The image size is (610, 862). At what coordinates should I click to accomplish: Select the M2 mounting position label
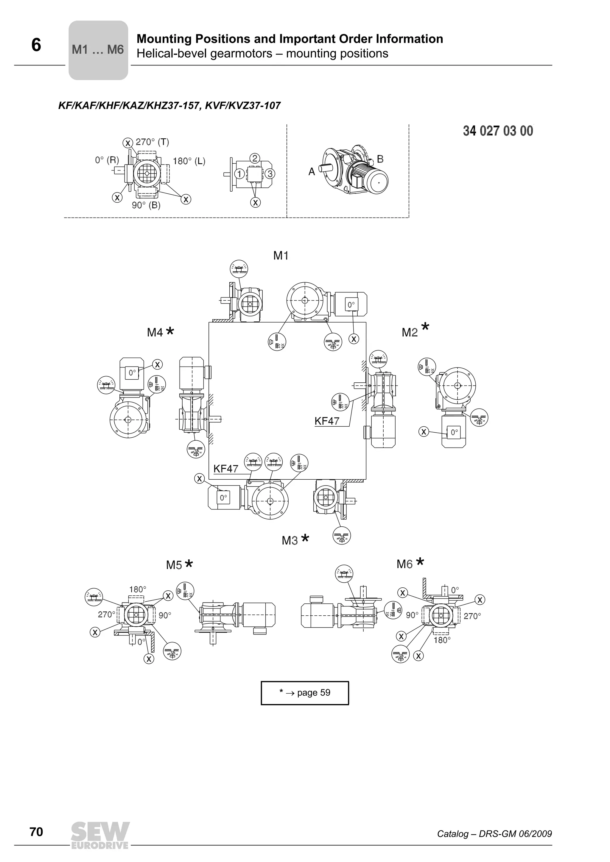pyautogui.click(x=410, y=332)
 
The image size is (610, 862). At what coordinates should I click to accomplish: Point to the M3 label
pyautogui.click(x=290, y=541)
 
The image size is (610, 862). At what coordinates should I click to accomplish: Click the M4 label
pyautogui.click(x=155, y=332)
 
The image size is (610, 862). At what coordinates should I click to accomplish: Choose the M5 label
pyautogui.click(x=174, y=565)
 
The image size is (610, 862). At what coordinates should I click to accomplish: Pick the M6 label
pyautogui.click(x=404, y=564)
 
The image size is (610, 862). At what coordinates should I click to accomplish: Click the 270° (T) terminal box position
pyautogui.click(x=152, y=142)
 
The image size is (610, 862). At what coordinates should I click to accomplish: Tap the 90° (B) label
pyautogui.click(x=146, y=205)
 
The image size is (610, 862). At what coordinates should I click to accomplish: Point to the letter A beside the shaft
pyautogui.click(x=312, y=172)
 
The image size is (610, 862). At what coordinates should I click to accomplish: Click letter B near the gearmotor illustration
pyautogui.click(x=380, y=159)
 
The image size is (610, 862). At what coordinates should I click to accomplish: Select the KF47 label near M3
pyautogui.click(x=225, y=469)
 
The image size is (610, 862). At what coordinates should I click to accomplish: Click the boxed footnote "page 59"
pyautogui.click(x=305, y=693)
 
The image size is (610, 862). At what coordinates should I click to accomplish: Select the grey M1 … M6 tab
pyautogui.click(x=98, y=50)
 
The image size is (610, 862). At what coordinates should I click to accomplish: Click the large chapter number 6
pyautogui.click(x=36, y=45)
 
